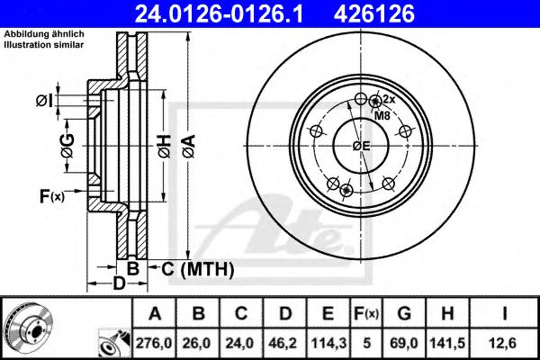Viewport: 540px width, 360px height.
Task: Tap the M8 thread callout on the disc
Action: (x=382, y=116)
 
